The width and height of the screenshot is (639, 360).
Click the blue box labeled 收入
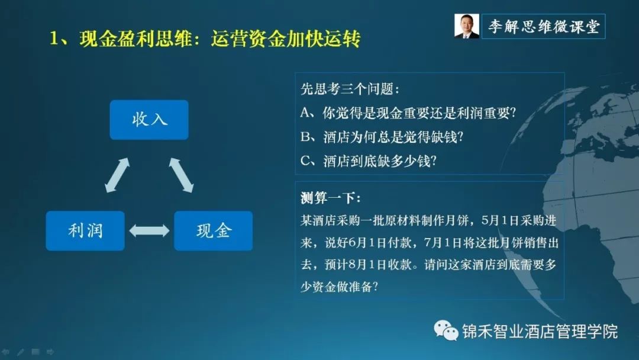(x=149, y=120)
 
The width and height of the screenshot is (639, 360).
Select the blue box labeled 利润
(x=85, y=231)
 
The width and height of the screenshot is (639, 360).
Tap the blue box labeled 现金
(x=213, y=231)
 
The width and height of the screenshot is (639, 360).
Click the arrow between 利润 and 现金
(x=149, y=231)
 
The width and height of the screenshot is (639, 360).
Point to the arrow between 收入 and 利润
(x=117, y=175)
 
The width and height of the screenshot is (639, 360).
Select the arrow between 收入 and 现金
(x=182, y=175)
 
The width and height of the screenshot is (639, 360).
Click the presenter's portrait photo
(x=467, y=26)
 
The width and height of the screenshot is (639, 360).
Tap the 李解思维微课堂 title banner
(x=544, y=27)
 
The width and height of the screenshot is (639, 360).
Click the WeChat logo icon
(x=446, y=330)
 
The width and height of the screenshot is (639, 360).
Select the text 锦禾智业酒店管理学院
(x=540, y=332)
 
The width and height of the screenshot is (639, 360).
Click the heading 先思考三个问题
(x=350, y=88)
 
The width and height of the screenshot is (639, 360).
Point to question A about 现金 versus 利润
(x=408, y=112)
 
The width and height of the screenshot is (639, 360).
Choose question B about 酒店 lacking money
(x=382, y=137)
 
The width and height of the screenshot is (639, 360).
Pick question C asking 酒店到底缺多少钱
(x=369, y=161)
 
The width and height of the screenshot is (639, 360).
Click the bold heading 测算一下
(x=331, y=198)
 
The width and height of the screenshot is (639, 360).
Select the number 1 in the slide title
(x=54, y=38)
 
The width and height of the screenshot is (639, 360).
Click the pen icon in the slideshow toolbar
(x=20, y=352)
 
